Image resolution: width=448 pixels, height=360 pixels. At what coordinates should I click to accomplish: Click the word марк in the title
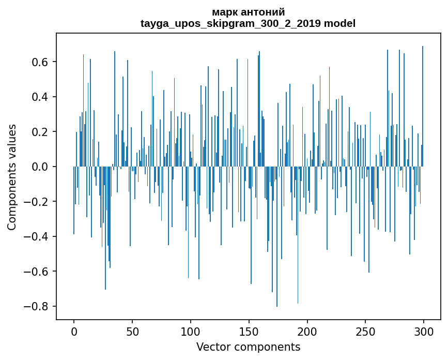point(223,12)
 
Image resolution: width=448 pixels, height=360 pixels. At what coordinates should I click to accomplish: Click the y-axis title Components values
point(11,177)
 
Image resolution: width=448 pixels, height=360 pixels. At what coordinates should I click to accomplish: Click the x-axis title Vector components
point(248,347)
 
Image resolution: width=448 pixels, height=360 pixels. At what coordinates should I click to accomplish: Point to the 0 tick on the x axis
point(74,332)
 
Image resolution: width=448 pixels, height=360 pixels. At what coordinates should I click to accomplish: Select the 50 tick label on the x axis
point(132,332)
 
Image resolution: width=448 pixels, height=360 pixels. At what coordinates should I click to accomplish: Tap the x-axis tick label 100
point(191,332)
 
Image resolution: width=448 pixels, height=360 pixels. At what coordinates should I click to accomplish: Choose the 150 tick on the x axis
point(249,332)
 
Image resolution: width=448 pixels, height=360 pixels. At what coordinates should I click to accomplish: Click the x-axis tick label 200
point(307,332)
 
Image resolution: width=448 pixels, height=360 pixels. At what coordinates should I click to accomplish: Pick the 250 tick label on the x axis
point(366,332)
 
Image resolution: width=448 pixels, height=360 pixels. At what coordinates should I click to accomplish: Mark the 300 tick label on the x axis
point(424,332)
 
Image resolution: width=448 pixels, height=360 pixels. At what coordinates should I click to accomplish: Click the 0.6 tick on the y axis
point(40,62)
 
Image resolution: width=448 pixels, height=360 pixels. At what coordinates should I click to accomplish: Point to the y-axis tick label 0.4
point(40,97)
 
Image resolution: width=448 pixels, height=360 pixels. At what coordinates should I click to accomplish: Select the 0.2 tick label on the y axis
point(40,132)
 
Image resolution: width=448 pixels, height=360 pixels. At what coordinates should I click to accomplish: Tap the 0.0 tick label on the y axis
point(40,167)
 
